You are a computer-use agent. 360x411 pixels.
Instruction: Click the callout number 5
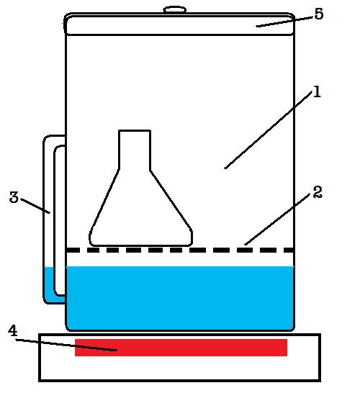point(318,14)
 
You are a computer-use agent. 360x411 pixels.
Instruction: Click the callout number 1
point(317,92)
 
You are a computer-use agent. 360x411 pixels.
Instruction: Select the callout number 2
point(318,192)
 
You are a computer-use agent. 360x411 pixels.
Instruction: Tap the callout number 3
point(14,197)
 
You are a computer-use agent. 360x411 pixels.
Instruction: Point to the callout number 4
point(12,330)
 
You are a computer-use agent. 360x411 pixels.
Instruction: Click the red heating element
point(181,348)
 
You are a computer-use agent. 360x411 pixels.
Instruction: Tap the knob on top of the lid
point(175,9)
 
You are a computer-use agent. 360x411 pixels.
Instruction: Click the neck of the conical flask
point(135,150)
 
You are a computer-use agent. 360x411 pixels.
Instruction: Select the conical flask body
point(141,209)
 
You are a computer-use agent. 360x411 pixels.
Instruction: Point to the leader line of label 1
point(269,130)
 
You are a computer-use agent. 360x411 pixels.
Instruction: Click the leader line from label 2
point(277,219)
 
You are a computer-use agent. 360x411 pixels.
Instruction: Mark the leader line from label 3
point(35,206)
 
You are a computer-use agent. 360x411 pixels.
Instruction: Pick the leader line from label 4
point(66,345)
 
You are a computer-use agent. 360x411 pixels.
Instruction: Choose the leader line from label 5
point(284,22)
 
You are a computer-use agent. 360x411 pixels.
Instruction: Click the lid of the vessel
point(180,24)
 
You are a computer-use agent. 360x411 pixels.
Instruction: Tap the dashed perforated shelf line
point(180,250)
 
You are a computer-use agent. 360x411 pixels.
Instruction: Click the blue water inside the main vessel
point(180,298)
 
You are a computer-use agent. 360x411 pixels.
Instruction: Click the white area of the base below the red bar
point(180,368)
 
